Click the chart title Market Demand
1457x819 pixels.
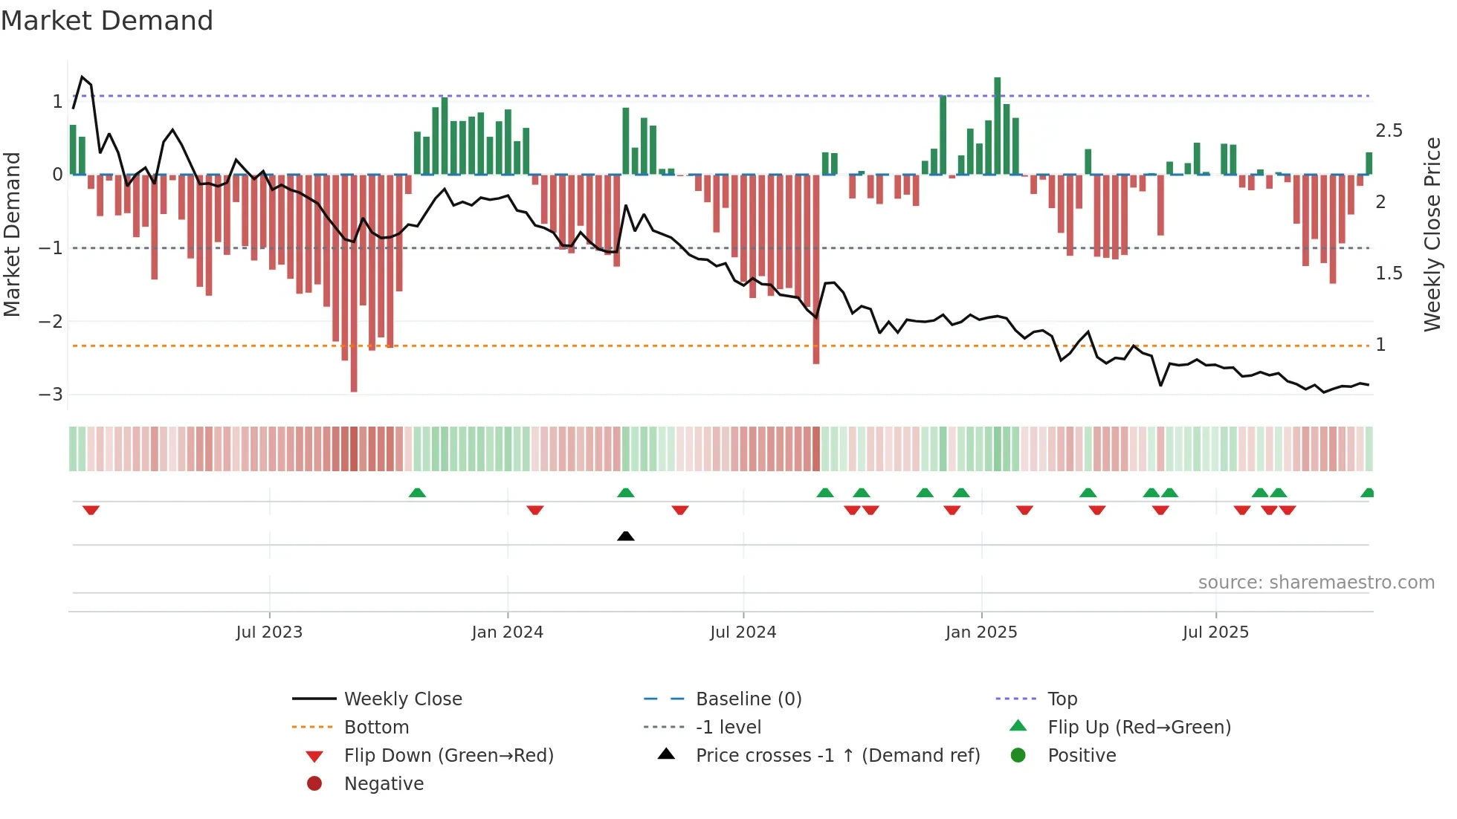click(x=107, y=21)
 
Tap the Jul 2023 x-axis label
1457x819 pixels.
click(x=269, y=632)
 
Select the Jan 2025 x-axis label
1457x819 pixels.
click(x=981, y=632)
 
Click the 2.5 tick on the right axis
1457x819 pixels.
click(x=1388, y=131)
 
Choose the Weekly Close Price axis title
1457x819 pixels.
click(x=1432, y=234)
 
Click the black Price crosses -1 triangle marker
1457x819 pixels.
click(x=626, y=536)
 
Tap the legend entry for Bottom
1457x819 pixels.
click(x=376, y=727)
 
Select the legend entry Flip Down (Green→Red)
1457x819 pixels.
click(x=448, y=755)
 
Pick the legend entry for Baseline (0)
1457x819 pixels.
click(x=748, y=699)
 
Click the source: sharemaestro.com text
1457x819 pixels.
click(x=1316, y=583)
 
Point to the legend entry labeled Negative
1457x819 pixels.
click(x=384, y=783)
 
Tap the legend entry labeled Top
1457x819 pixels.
click(x=1062, y=699)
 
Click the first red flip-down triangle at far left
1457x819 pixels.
click(x=91, y=510)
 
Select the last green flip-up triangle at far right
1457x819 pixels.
click(x=1367, y=493)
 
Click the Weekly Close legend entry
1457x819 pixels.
click(x=402, y=699)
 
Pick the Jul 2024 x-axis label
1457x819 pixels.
click(x=743, y=632)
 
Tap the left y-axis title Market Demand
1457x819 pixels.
click(x=13, y=234)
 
